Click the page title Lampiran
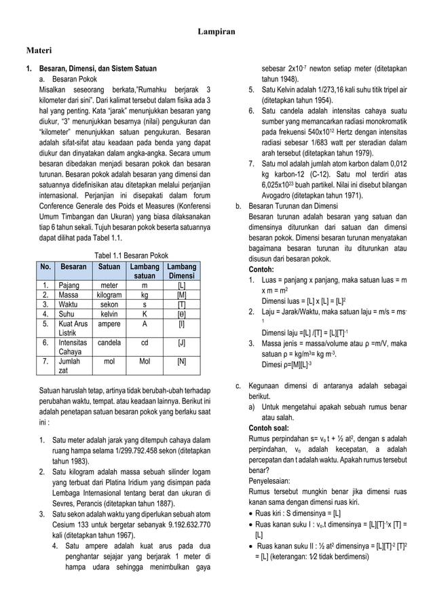216,32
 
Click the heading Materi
39,51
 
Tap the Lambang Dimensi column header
181,272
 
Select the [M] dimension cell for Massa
181,296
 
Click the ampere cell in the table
105,324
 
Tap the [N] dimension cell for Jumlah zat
181,362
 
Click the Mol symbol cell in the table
144,362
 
